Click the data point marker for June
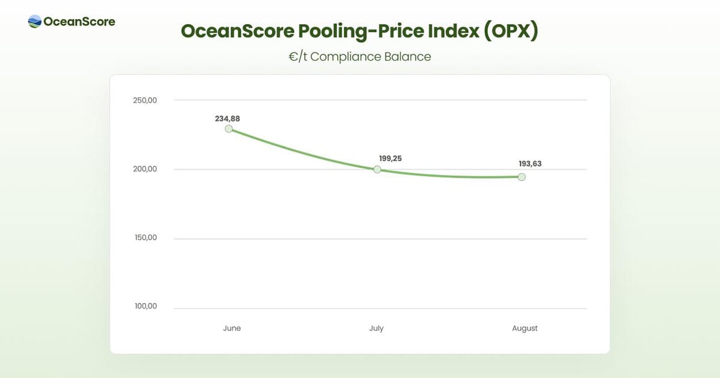click(x=229, y=129)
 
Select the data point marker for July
click(x=377, y=169)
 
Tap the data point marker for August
click(x=522, y=177)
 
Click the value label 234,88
click(x=227, y=119)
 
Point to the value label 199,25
click(x=390, y=158)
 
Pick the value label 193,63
click(x=530, y=164)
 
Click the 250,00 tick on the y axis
click(x=145, y=100)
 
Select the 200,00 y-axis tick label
click(x=145, y=169)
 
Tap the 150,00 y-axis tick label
click(x=145, y=238)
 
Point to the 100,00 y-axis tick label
click(x=145, y=306)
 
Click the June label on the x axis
click(x=232, y=328)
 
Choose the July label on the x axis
click(x=376, y=328)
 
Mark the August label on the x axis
click(x=525, y=328)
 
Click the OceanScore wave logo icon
click(x=35, y=22)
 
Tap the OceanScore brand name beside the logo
click(x=79, y=22)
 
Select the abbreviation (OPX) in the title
click(x=511, y=31)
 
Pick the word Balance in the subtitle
click(x=408, y=56)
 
